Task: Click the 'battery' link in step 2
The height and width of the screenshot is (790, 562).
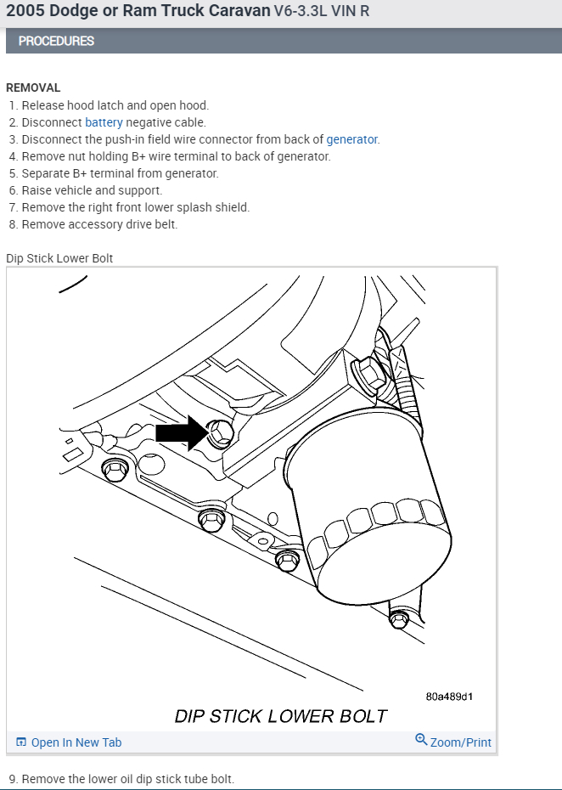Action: (104, 122)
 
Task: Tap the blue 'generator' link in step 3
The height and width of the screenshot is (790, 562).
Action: (352, 139)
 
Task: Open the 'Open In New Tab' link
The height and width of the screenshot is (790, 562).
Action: (76, 742)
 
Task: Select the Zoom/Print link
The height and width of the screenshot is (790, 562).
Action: (460, 742)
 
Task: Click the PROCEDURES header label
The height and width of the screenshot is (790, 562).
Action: (56, 41)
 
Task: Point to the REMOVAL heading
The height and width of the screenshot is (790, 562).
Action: (33, 87)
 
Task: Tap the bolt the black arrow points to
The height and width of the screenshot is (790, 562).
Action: (219, 433)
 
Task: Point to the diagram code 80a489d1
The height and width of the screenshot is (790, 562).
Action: (449, 697)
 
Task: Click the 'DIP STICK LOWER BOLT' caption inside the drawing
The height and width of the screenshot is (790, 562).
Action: (280, 716)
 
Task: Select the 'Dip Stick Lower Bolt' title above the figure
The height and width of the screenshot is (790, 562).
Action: (59, 258)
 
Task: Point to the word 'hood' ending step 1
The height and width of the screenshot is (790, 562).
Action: (194, 105)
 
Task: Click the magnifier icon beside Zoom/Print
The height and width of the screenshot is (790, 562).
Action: (421, 740)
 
